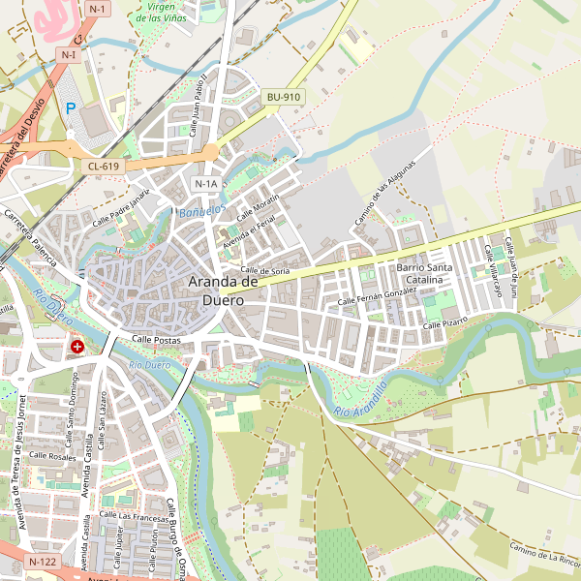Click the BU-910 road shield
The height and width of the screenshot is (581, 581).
coord(284,97)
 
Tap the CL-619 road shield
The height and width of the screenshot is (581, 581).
coord(103,167)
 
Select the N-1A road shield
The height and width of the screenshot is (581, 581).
coord(205,184)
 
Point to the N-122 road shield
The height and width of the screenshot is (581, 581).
coord(43,562)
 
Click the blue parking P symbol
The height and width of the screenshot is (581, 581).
coord(70,108)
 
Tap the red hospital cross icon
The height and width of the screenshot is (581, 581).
coord(77,346)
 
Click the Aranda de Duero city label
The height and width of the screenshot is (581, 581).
coord(223,290)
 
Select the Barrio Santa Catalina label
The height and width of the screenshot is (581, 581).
coord(424,273)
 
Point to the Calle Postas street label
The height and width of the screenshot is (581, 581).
coord(155,340)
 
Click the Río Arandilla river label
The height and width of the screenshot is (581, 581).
coord(360,399)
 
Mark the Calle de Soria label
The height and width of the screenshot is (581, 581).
coord(265,271)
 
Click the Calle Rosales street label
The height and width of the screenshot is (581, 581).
coord(52,455)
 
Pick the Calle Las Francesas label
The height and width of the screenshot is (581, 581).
coord(137,517)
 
